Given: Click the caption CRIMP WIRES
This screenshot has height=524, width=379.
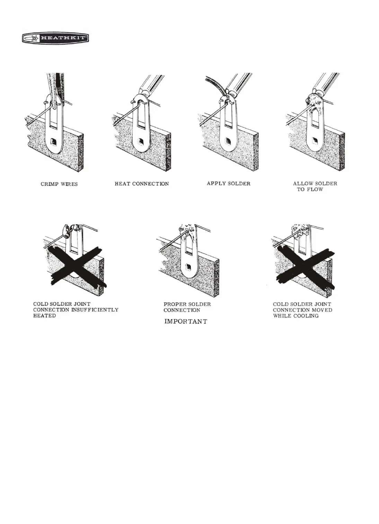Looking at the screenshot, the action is click(x=59, y=184).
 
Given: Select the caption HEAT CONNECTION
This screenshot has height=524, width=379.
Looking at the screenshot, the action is click(x=142, y=184).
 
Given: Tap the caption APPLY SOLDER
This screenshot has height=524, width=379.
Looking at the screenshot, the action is click(x=228, y=183).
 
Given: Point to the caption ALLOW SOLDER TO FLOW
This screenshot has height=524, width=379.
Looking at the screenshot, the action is click(x=315, y=186).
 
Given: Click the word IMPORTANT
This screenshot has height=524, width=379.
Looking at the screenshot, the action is click(x=185, y=321).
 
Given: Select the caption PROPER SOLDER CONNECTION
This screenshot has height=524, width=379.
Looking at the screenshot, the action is click(x=187, y=307).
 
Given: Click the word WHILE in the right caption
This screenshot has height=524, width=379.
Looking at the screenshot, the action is click(x=282, y=316).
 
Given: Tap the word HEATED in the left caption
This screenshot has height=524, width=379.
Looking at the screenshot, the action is click(x=44, y=316).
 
